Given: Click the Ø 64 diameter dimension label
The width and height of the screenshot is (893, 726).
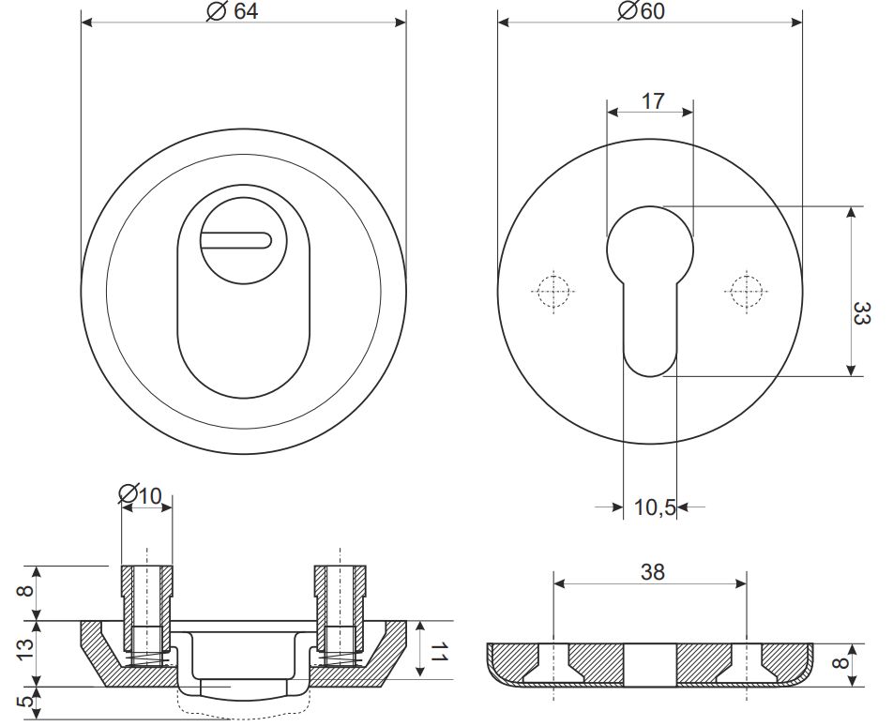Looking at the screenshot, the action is [x=233, y=11].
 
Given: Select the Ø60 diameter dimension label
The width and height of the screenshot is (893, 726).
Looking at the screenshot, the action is [x=642, y=11].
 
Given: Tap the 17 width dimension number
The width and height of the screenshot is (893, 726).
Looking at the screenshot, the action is [x=653, y=101].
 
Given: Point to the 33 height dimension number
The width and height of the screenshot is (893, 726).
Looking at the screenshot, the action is [x=861, y=313].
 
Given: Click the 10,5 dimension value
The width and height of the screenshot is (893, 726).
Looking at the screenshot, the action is [x=655, y=507].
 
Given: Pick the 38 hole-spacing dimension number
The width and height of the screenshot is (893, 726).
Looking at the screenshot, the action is [x=653, y=571].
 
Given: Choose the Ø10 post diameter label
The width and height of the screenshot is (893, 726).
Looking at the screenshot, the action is [x=140, y=495].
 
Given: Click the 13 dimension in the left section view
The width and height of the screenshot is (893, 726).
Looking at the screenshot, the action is [x=25, y=650].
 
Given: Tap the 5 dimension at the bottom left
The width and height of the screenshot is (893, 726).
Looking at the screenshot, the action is [x=25, y=702].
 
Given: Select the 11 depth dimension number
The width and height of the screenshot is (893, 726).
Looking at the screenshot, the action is [x=437, y=651].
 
